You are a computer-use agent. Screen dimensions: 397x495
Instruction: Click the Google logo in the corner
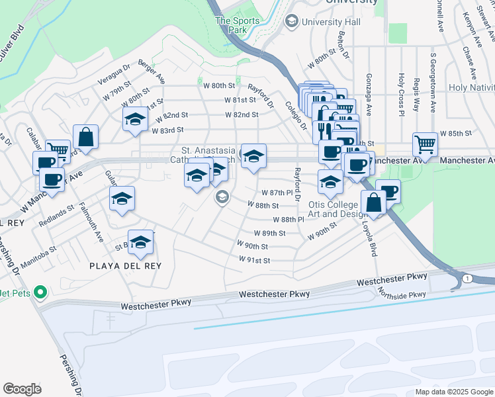click(22, 389)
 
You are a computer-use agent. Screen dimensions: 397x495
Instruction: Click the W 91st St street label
click(254, 260)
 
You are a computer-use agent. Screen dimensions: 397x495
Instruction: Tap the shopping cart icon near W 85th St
click(425, 145)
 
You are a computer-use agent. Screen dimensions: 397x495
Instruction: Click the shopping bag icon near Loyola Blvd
click(374, 202)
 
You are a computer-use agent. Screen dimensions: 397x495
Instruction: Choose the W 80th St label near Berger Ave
click(219, 86)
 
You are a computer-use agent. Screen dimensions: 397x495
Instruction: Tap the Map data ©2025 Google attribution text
click(454, 392)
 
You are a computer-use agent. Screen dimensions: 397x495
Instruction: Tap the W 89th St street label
click(269, 234)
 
